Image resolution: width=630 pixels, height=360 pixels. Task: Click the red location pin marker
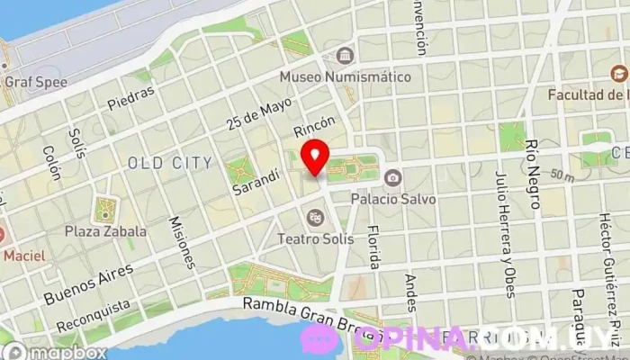pyautogui.click(x=315, y=157)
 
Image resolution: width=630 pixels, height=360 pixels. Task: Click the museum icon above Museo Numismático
pyautogui.click(x=344, y=56)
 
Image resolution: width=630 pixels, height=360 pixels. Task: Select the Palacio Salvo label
pyautogui.click(x=393, y=198)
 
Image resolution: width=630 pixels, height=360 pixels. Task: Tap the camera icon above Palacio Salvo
pyautogui.click(x=394, y=178)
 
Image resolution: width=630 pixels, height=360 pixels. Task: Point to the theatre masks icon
pyautogui.click(x=315, y=217)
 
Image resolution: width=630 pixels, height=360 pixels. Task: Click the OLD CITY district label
pyautogui.click(x=171, y=163)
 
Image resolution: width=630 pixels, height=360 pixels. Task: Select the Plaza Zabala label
pyautogui.click(x=105, y=231)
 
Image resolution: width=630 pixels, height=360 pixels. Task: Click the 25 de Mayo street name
pyautogui.click(x=249, y=115)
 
